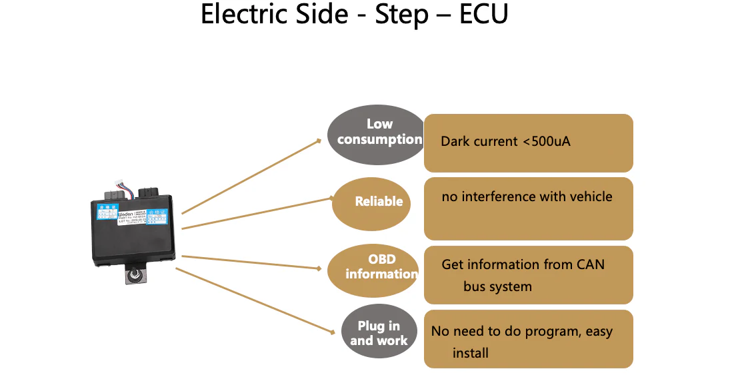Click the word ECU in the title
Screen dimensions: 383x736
[x=483, y=15]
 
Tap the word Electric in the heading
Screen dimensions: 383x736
[x=242, y=15]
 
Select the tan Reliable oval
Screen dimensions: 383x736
[x=378, y=201]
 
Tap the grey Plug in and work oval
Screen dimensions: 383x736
[x=379, y=333]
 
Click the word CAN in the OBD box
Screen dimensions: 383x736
[x=590, y=264]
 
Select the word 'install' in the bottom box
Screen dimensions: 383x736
[x=470, y=353]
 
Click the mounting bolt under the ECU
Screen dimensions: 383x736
[x=134, y=276]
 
